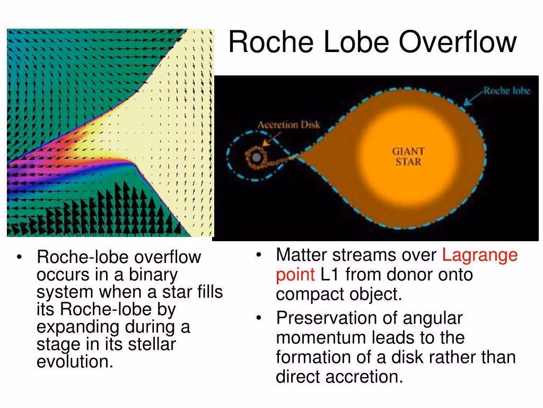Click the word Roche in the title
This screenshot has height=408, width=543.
(271, 41)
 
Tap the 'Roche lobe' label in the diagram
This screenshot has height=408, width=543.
(506, 90)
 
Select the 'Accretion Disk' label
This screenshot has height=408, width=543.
(288, 124)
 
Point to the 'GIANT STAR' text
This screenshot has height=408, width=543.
(408, 157)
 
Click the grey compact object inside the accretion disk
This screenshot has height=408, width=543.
(256, 157)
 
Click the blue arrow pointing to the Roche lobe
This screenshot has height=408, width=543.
(474, 98)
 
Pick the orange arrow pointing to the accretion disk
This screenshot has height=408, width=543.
(272, 139)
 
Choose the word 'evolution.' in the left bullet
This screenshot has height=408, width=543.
(75, 361)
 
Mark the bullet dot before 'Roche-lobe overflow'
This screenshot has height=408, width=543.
(19, 257)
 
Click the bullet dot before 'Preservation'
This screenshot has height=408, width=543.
(259, 318)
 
